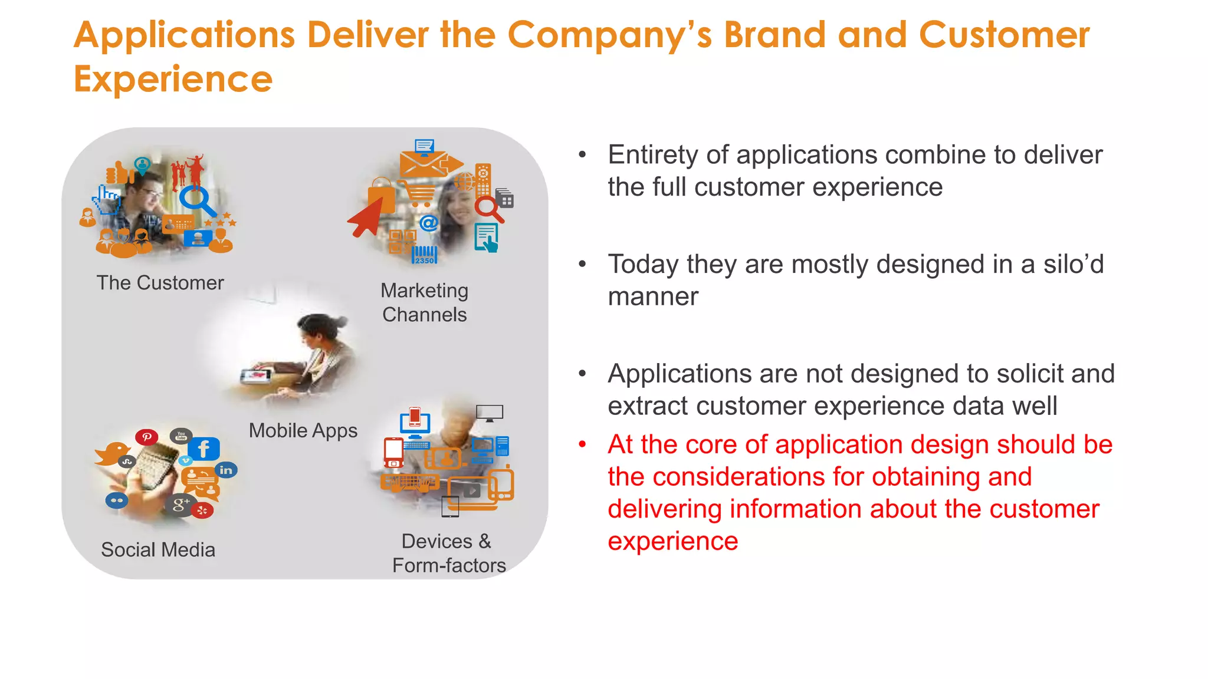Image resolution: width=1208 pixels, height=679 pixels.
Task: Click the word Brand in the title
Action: [774, 35]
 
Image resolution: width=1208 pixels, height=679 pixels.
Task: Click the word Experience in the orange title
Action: [173, 80]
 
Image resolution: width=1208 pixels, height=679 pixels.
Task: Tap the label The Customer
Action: [160, 283]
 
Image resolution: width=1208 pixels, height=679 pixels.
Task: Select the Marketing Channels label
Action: [424, 302]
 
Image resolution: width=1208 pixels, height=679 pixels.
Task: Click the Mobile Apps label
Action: [303, 430]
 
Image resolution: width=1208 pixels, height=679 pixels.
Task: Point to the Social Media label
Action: [158, 550]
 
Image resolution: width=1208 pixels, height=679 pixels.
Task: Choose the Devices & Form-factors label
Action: [448, 553]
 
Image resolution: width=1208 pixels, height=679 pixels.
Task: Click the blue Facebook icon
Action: [203, 449]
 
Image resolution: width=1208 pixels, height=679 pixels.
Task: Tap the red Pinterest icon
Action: [146, 437]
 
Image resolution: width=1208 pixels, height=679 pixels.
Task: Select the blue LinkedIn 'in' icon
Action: [226, 470]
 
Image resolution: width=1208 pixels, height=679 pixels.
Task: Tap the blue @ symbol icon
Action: [429, 223]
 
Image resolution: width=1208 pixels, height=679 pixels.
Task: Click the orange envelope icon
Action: [423, 163]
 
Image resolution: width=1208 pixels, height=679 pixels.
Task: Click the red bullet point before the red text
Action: [582, 444]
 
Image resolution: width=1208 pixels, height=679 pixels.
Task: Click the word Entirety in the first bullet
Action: [653, 155]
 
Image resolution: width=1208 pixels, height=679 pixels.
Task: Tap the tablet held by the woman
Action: [256, 375]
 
